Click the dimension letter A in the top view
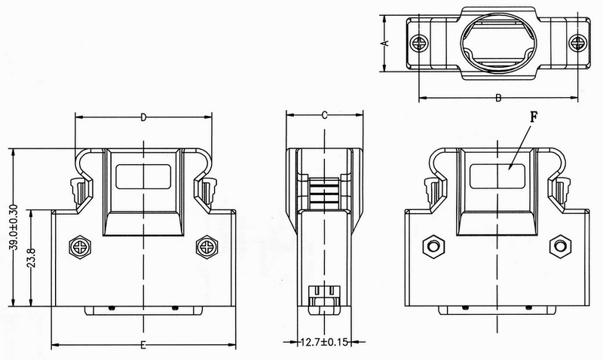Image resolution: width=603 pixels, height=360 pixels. click(x=387, y=43)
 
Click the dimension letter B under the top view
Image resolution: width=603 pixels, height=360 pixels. click(x=498, y=98)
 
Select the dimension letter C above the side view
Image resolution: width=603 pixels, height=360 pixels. click(x=325, y=115)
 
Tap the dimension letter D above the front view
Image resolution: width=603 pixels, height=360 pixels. click(x=143, y=117)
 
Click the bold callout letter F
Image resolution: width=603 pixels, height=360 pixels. click(x=534, y=117)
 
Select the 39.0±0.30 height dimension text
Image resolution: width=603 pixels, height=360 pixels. click(x=14, y=227)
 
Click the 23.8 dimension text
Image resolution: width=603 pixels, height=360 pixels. click(x=32, y=258)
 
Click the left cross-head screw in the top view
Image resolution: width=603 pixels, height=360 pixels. click(x=419, y=43)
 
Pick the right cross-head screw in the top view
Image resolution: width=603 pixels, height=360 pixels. click(x=577, y=43)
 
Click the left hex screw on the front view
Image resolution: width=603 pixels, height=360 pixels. click(x=80, y=247)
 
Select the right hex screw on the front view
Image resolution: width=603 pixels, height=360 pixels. click(x=207, y=247)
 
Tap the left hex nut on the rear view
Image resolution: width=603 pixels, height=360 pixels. click(x=434, y=246)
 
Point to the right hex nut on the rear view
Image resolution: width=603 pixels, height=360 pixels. click(x=560, y=246)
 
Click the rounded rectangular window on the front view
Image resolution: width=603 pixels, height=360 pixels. click(x=143, y=177)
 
